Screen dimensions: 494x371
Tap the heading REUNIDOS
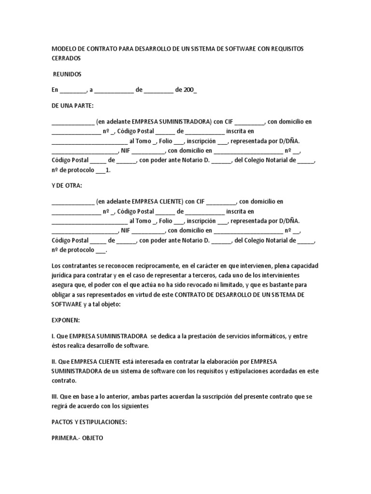(67, 74)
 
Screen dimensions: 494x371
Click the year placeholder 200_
(190, 90)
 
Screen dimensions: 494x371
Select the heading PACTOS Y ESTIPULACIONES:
(89, 422)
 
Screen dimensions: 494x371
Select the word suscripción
(200, 396)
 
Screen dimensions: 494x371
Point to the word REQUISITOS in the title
(287, 49)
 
